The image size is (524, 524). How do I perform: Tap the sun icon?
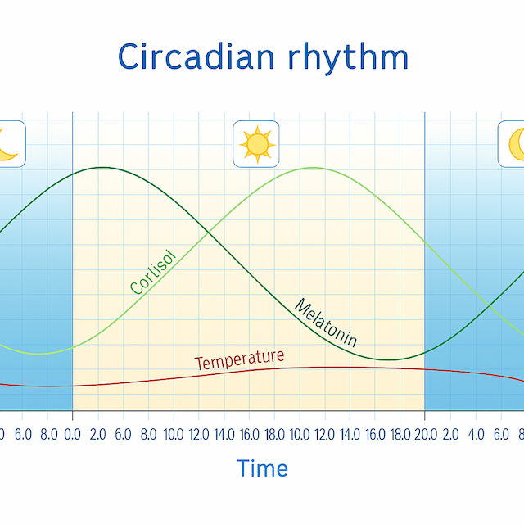click(256, 143)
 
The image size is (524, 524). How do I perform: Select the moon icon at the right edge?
click(514, 143)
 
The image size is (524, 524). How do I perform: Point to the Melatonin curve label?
click(326, 323)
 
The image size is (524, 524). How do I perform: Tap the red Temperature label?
click(240, 359)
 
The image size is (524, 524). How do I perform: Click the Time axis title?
click(262, 468)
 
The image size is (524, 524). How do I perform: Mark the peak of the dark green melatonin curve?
click(102, 167)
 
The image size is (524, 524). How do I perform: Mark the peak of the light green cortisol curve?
click(313, 167)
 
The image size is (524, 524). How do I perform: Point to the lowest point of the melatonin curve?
click(391, 359)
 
